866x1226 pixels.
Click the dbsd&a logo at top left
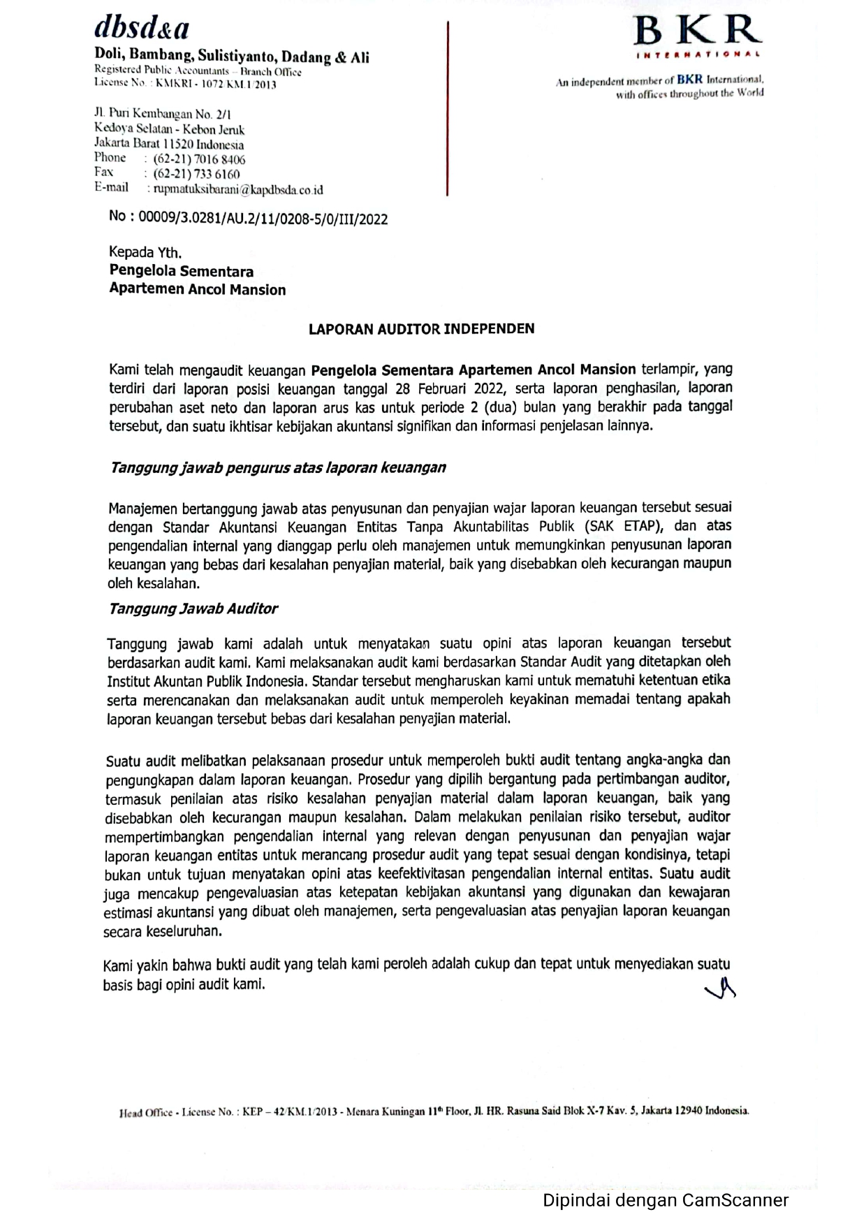point(142,28)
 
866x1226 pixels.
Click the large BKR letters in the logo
point(696,31)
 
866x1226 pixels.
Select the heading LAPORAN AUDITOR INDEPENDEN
point(421,328)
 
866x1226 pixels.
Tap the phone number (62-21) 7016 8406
point(199,159)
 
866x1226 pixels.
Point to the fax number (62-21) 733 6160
point(196,174)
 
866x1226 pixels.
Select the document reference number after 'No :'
point(263,219)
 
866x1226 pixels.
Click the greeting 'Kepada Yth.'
point(145,252)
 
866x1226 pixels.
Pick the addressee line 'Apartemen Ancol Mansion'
point(198,289)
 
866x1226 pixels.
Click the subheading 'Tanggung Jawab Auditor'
point(193,608)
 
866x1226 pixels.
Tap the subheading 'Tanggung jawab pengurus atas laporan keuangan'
point(277,467)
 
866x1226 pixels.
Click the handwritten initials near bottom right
point(721,988)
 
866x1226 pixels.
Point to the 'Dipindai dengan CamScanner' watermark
point(665,1200)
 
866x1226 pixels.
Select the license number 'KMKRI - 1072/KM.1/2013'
point(216,85)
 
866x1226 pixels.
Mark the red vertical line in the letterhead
point(447,108)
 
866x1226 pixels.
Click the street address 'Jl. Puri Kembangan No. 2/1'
point(163,114)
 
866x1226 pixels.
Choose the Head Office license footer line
point(434,1111)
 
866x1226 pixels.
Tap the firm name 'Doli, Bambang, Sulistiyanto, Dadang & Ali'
point(232,57)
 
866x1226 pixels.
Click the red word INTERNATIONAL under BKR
point(698,54)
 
